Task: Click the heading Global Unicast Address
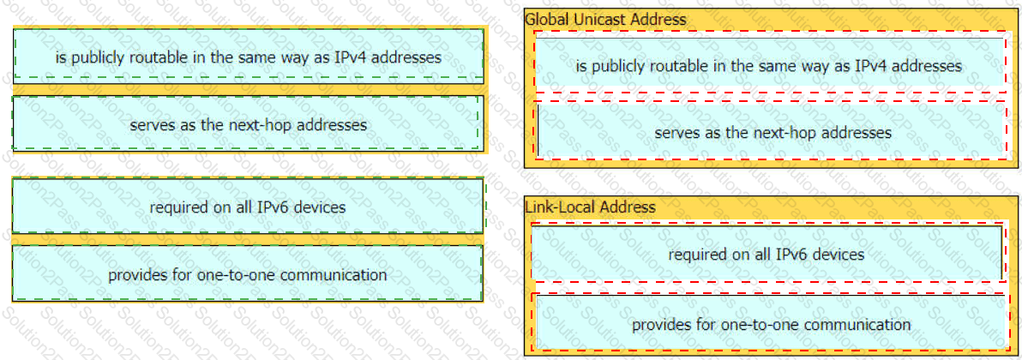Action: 605,20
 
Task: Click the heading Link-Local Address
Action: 590,207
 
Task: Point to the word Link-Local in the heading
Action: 561,207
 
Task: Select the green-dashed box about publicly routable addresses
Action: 249,56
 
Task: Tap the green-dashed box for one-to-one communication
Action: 248,274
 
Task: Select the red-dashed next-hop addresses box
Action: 772,130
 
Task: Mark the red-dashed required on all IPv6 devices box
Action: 767,253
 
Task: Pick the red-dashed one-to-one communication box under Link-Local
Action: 771,322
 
